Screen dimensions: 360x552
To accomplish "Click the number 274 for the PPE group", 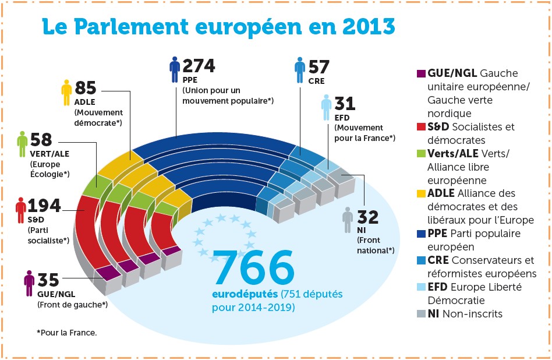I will [x=199, y=66].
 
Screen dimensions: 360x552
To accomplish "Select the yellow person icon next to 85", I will [x=67, y=93].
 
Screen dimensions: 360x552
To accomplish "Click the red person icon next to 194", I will [x=21, y=211].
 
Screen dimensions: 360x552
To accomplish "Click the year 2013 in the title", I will [x=362, y=26].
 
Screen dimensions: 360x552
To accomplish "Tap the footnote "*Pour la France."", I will [x=66, y=333].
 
